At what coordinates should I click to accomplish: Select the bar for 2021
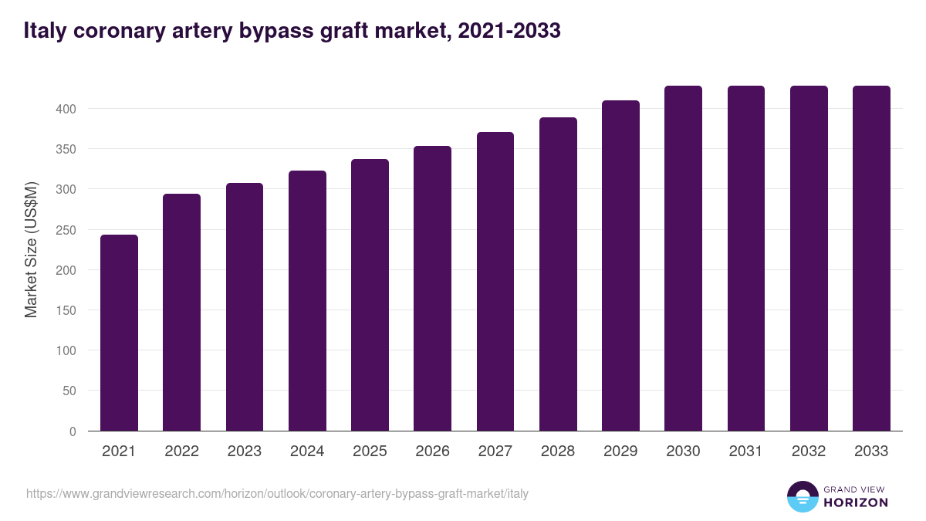click(119, 333)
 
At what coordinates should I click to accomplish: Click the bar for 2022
click(181, 313)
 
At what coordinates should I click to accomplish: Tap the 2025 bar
click(370, 295)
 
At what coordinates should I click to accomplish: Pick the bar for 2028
click(558, 274)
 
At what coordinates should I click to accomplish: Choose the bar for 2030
click(683, 259)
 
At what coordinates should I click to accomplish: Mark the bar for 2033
click(871, 259)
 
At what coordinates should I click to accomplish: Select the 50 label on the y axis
click(69, 391)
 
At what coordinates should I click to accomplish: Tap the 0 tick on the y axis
click(73, 431)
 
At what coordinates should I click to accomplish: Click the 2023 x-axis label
click(244, 452)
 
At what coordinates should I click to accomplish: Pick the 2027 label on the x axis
click(495, 452)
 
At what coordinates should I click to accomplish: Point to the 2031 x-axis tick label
click(746, 452)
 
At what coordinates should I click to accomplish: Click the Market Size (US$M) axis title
click(31, 249)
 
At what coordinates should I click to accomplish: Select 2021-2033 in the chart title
click(509, 31)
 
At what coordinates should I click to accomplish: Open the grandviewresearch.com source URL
click(277, 493)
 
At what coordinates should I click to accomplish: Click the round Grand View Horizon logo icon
click(803, 496)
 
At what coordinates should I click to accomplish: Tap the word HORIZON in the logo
click(856, 502)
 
